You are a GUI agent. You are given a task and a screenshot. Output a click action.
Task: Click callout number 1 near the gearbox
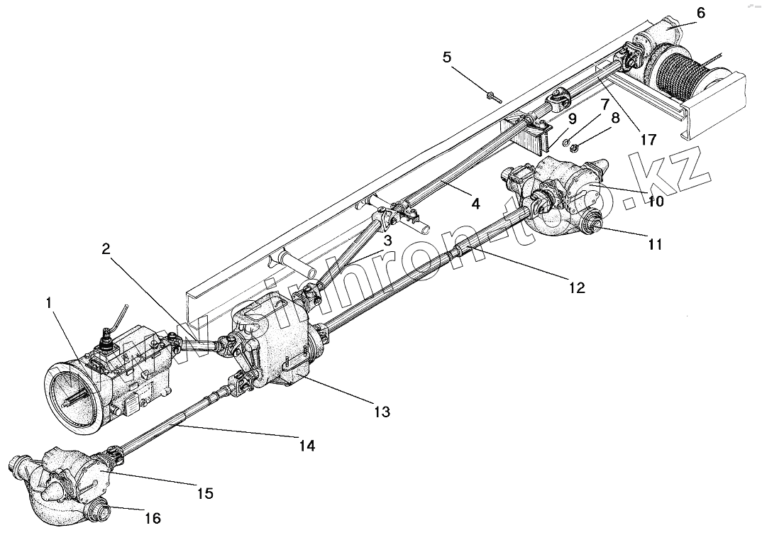pos(49,303)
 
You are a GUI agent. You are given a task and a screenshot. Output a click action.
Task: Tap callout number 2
pos(106,248)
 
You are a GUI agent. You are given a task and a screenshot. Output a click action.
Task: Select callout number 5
pos(447,57)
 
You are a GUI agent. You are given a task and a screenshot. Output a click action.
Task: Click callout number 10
pos(656,202)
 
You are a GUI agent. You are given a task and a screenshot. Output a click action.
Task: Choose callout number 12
pos(576,287)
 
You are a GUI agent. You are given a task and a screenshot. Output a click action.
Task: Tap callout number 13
pos(383,412)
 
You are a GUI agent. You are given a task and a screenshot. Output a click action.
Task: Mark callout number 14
pos(307,446)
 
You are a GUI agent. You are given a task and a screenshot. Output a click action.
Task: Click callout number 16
pos(153,519)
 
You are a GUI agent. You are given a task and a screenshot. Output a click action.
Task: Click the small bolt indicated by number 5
pos(491,97)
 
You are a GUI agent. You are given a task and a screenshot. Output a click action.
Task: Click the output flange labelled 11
pos(590,226)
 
